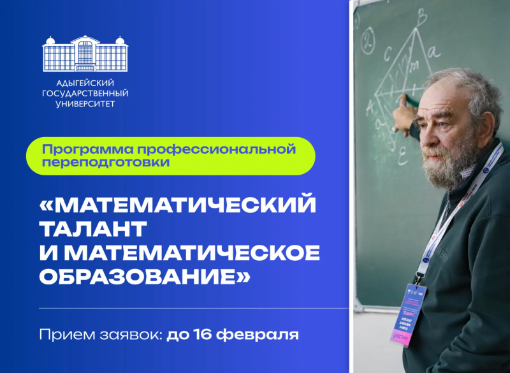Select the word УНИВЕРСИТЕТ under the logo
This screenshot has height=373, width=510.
tap(85, 104)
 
